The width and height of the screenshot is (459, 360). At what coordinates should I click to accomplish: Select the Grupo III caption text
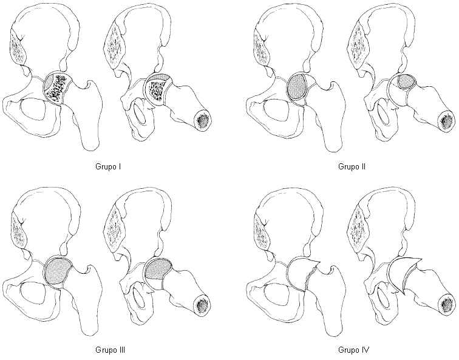pos(109,350)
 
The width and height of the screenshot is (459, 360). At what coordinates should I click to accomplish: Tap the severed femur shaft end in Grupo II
pos(446,120)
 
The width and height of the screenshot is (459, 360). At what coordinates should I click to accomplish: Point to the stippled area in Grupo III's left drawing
pos(58,270)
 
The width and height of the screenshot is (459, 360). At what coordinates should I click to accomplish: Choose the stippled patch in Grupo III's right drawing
pos(158,268)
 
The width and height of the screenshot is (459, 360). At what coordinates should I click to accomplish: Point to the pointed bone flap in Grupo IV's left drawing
pos(304,268)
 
